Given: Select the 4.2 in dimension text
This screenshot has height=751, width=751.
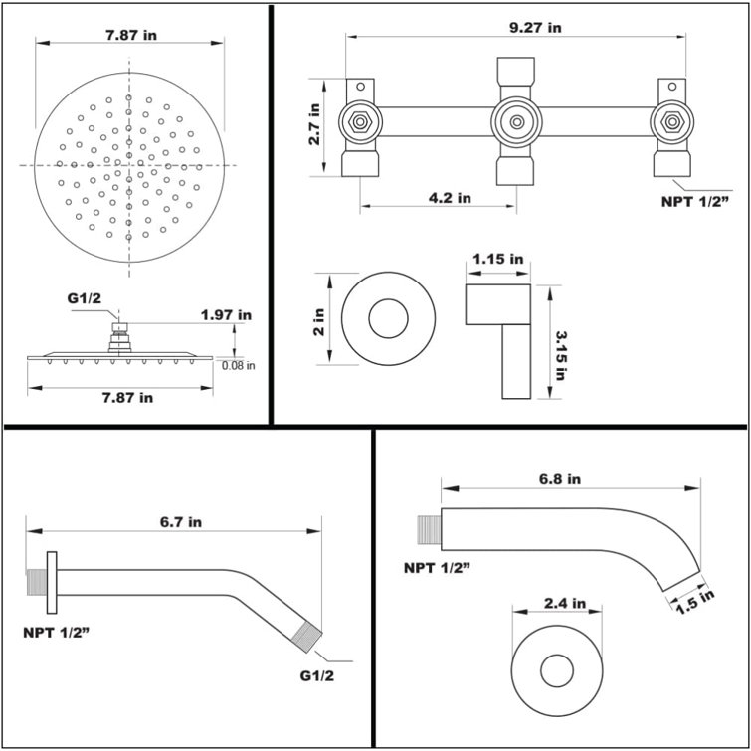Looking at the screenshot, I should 450,198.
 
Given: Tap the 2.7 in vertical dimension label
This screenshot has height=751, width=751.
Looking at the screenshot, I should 314,125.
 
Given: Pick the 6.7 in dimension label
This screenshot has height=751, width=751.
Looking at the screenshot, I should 181,521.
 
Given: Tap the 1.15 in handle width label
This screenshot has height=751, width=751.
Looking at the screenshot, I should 498,259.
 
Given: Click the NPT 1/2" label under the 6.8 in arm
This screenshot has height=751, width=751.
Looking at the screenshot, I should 436,567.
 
